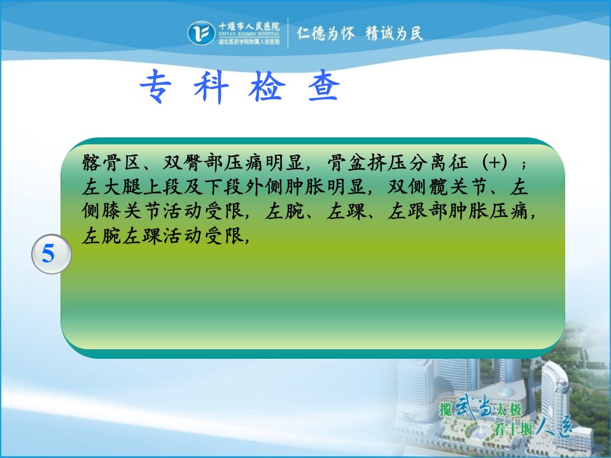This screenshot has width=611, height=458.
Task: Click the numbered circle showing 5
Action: click(x=51, y=254)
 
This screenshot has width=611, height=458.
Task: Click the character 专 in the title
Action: click(x=156, y=86)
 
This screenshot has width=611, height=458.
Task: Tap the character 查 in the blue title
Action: click(x=323, y=85)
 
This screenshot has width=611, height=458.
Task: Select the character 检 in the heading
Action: click(x=267, y=86)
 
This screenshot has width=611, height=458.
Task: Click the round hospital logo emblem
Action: click(x=201, y=32)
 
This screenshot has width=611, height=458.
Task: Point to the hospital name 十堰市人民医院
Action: click(x=249, y=27)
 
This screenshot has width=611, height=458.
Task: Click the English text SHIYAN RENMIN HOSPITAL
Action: click(x=249, y=34)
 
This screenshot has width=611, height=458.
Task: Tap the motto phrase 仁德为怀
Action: click(x=326, y=34)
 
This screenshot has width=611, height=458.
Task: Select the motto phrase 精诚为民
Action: click(x=395, y=34)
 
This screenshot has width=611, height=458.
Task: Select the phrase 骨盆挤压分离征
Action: click(x=397, y=163)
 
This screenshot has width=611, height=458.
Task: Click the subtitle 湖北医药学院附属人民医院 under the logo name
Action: click(x=249, y=41)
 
